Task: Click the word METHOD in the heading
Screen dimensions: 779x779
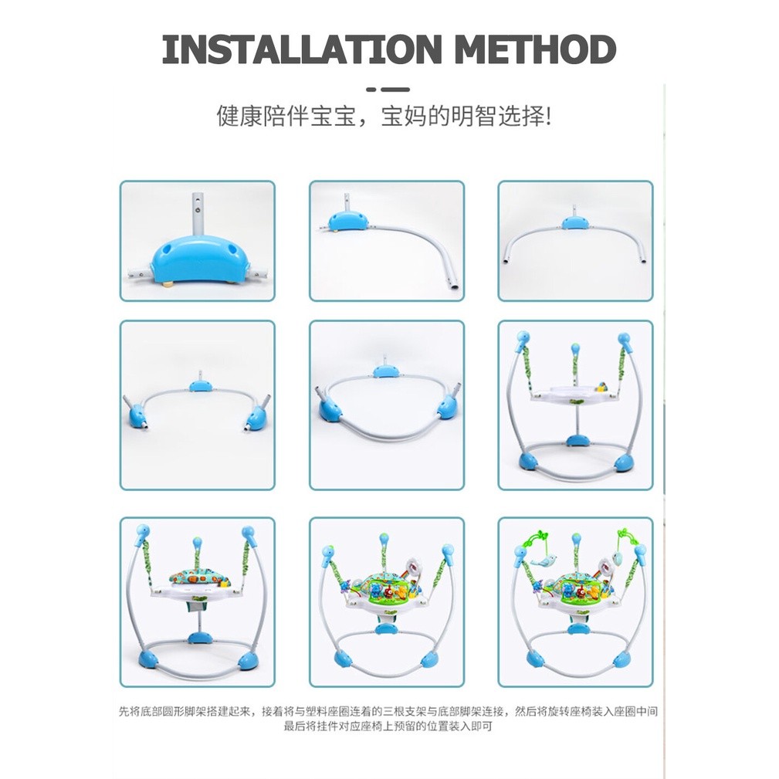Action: click(x=535, y=49)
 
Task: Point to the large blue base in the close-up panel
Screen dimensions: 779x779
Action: click(x=197, y=260)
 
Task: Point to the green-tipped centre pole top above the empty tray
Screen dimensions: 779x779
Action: click(x=575, y=347)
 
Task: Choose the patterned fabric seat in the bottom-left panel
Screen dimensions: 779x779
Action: click(x=198, y=575)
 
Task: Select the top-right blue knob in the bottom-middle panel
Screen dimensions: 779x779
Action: click(x=448, y=551)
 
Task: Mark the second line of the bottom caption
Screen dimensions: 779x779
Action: click(x=388, y=727)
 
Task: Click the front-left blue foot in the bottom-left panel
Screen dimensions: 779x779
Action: click(x=148, y=660)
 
